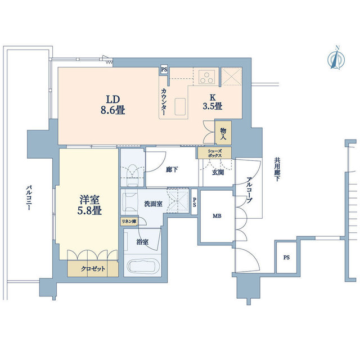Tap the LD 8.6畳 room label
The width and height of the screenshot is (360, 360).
click(x=112, y=105)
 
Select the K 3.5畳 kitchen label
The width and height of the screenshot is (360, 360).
click(x=213, y=102)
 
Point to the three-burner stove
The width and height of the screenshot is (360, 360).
click(x=207, y=76)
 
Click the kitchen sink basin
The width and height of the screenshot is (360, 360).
click(x=180, y=107)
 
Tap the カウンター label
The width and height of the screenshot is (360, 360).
click(x=164, y=102)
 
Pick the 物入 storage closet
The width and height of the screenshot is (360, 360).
click(x=223, y=133)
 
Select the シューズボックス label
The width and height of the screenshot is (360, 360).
click(x=215, y=153)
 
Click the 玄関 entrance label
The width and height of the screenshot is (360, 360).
click(x=218, y=172)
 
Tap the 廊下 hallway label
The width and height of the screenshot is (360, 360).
click(x=172, y=170)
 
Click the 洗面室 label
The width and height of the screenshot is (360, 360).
click(x=154, y=204)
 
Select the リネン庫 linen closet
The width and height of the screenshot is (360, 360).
click(x=129, y=222)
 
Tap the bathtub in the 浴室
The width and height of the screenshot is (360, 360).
click(x=142, y=266)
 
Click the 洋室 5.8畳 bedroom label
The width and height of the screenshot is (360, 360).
click(x=89, y=205)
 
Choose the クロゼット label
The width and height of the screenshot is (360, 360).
click(x=93, y=268)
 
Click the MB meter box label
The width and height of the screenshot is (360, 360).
click(x=217, y=216)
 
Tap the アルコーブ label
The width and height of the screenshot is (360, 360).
click(x=249, y=190)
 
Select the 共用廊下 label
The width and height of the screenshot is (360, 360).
click(x=277, y=169)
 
